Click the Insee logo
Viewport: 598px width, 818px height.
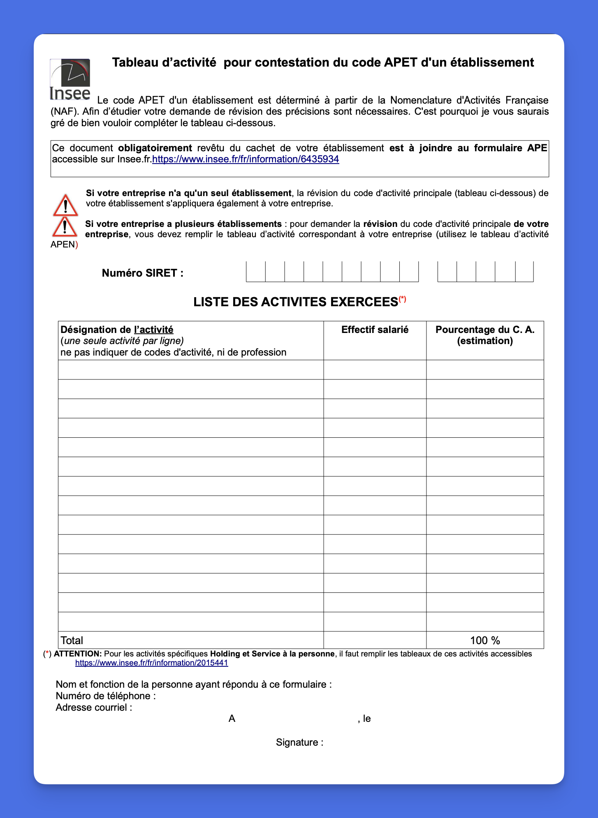(x=70, y=80)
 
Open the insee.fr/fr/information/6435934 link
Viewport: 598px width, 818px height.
(x=246, y=159)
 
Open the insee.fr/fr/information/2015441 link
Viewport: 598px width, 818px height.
(x=151, y=663)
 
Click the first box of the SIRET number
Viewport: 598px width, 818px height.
(x=255, y=272)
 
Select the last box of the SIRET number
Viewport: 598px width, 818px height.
(x=524, y=272)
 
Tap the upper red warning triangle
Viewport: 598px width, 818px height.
(x=65, y=206)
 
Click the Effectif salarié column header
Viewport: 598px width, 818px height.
(x=375, y=330)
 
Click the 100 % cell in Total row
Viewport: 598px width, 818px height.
(x=485, y=640)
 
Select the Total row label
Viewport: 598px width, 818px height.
(x=72, y=640)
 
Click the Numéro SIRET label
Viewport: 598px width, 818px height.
(x=142, y=273)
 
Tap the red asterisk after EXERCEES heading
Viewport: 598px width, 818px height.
(x=402, y=299)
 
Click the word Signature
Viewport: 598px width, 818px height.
(x=297, y=742)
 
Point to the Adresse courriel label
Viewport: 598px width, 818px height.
(x=94, y=707)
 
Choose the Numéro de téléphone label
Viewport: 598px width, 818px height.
(x=105, y=696)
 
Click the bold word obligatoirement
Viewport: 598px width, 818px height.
(x=155, y=148)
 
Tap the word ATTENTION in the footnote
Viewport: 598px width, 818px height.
(x=77, y=654)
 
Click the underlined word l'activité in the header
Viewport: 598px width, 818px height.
(x=153, y=330)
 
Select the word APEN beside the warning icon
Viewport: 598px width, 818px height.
(x=63, y=245)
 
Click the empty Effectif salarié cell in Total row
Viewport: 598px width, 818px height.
(x=375, y=640)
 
